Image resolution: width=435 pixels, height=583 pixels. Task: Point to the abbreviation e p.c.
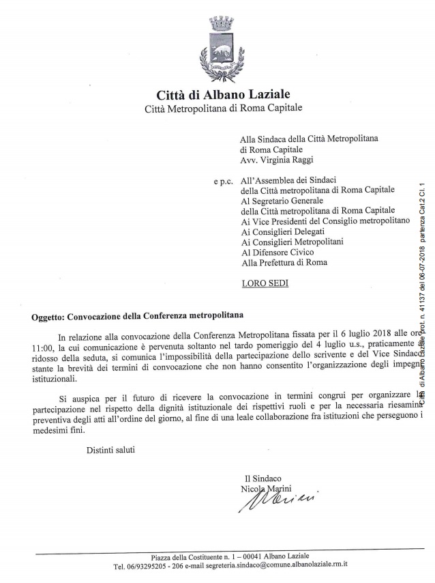pos(222,183)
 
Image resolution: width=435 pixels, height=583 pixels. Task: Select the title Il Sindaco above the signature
pos(262,478)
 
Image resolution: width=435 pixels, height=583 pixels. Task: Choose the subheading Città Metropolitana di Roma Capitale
pos(223,109)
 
